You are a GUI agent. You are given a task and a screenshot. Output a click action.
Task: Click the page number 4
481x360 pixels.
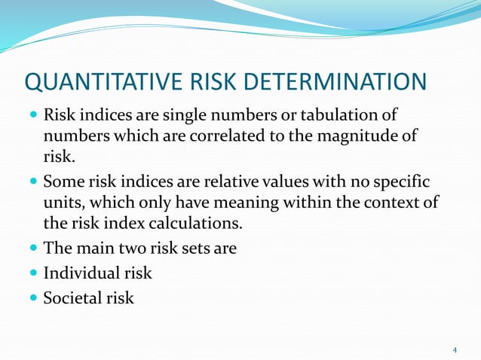[455, 350]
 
